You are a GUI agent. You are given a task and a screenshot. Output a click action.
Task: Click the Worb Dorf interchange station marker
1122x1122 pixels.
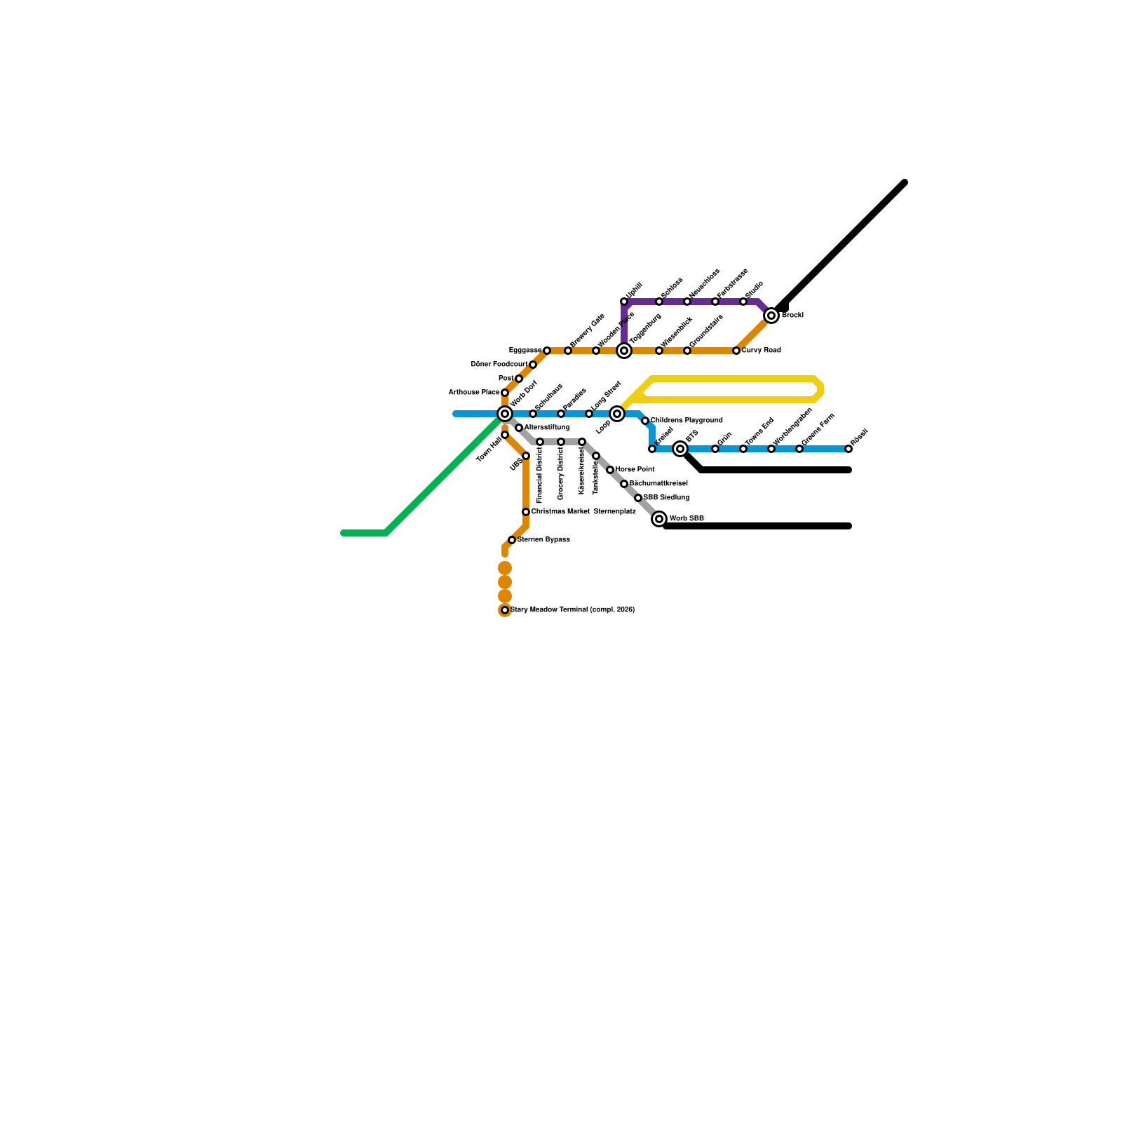point(505,414)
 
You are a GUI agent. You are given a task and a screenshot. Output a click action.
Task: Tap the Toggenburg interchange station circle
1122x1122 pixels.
point(624,351)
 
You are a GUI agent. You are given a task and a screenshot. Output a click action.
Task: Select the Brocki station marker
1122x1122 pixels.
point(771,316)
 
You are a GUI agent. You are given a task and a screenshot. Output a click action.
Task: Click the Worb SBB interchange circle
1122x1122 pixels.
point(659,519)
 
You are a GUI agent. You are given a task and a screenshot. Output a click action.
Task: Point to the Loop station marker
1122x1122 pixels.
point(617,414)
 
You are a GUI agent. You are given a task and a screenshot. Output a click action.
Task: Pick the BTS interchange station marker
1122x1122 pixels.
point(680,449)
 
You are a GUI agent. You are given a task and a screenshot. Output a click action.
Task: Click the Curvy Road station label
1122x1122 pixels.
point(761,351)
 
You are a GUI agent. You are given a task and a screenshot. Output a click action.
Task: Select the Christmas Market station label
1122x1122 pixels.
point(560,512)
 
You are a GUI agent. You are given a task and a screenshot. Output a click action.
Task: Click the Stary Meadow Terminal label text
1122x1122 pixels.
point(572,610)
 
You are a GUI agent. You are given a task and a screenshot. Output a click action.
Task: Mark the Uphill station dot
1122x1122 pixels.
point(624,302)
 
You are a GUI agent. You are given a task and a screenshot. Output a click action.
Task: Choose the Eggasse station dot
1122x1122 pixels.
point(547,351)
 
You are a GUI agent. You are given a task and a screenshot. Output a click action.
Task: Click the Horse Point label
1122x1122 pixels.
point(635,470)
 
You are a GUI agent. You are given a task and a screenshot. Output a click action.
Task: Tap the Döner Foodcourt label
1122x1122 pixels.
point(499,365)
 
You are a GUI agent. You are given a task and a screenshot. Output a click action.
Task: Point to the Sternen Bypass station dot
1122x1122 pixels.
point(512,540)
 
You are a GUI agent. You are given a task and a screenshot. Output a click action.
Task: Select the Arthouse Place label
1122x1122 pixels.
point(473,393)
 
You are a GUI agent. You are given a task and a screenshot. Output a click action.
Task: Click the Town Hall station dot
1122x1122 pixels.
point(505,435)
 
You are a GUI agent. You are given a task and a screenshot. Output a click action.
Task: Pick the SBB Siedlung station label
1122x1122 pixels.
point(666,498)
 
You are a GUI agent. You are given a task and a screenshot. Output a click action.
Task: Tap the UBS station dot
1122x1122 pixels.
point(526,456)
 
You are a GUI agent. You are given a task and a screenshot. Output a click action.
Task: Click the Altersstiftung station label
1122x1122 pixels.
point(547,428)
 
